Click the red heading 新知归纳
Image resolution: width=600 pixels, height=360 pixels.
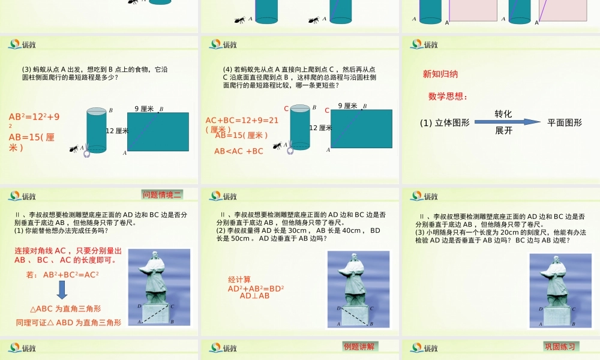[x=440, y=74]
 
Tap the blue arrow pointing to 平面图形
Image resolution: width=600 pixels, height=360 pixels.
[x=508, y=122]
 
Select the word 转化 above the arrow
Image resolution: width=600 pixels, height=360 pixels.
[x=503, y=113]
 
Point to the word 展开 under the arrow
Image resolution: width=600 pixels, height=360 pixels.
[x=503, y=130]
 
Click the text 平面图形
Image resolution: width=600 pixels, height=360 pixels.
[x=565, y=122]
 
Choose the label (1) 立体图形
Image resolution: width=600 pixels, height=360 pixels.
[x=445, y=122]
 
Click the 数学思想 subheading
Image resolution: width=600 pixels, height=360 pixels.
[x=448, y=96]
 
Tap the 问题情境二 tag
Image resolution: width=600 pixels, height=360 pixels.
[x=162, y=194]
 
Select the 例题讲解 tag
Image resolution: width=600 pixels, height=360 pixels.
[x=360, y=346]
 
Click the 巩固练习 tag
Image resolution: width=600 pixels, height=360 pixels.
[x=560, y=346]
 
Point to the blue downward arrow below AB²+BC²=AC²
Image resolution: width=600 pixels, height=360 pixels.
[x=62, y=290]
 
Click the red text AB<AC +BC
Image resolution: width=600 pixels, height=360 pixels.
[x=239, y=151]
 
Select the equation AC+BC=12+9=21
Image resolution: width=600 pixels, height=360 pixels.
[x=242, y=120]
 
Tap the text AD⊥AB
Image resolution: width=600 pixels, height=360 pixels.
[x=255, y=295]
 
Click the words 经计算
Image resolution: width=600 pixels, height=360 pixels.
[x=239, y=280]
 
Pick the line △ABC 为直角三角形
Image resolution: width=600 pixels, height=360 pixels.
[x=65, y=309]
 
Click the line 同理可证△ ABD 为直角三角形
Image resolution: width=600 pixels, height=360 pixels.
[x=68, y=322]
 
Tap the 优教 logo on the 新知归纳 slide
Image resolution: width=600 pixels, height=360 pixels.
[x=424, y=44]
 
